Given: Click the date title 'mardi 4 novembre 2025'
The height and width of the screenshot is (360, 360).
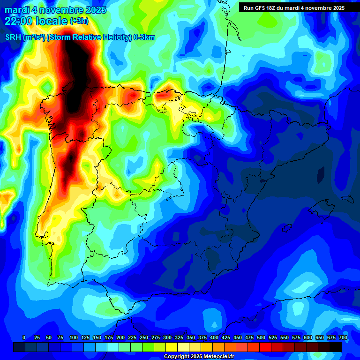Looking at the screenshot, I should [55, 10].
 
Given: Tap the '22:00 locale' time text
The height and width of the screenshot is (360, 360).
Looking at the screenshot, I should [36, 21].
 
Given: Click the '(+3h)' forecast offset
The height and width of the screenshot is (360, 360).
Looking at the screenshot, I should [79, 21].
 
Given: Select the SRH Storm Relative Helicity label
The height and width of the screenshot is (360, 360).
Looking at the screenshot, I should [80, 37].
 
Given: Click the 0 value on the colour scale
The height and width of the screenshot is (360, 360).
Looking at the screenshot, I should [24, 337].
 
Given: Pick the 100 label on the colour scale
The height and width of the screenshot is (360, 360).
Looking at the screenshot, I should [73, 337].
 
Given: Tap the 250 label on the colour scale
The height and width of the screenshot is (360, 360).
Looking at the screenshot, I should [144, 337].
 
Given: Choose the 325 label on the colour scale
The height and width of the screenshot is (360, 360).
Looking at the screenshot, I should [179, 337].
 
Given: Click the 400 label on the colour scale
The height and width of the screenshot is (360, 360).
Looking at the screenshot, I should [214, 337].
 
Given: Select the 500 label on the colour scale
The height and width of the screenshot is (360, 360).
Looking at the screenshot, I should [261, 337].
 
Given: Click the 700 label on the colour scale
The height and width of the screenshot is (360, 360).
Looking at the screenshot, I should [343, 337].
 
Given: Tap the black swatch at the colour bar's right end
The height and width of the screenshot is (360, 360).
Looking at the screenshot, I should [336, 347].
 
